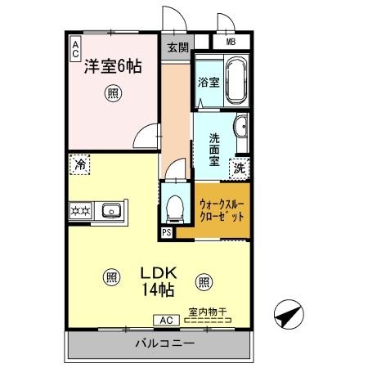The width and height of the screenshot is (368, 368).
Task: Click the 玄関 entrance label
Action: [177, 47]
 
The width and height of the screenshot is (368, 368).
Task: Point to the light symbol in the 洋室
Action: [112, 94]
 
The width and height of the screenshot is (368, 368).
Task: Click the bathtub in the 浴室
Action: [236, 80]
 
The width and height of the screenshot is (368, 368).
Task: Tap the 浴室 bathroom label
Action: [209, 82]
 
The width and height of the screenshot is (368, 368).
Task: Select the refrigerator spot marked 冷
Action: [79, 164]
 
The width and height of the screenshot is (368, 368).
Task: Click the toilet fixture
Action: [173, 209]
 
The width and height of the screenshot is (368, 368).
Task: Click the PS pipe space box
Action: [167, 231]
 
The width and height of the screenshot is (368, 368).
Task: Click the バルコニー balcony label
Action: [160, 343]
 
